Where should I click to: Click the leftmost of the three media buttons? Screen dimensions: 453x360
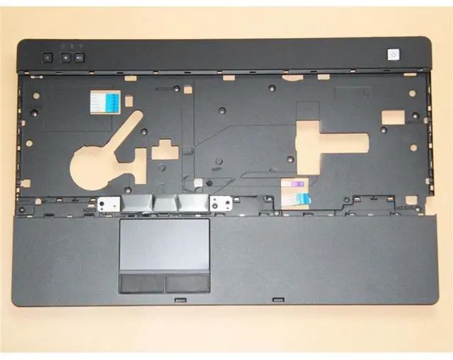(47, 56)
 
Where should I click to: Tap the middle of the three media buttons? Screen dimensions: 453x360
(65, 56)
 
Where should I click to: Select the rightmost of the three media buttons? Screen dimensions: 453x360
(79, 56)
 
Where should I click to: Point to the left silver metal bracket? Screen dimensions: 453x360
(107, 204)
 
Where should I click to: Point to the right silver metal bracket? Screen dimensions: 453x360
(222, 204)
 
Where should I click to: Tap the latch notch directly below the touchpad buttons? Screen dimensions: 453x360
(180, 299)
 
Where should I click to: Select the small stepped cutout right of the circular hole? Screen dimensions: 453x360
(165, 149)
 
